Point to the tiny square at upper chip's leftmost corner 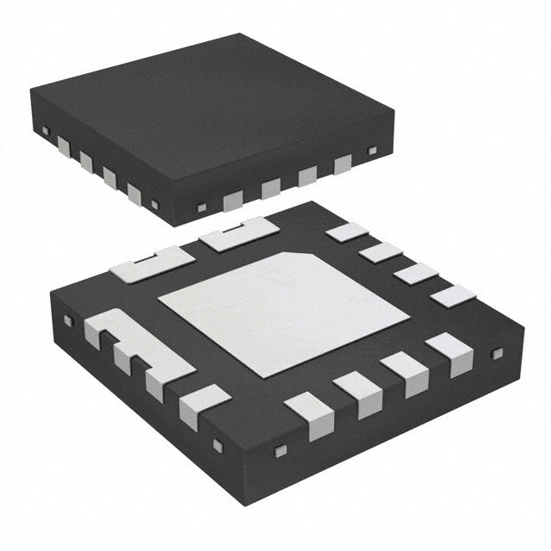pos(45,130)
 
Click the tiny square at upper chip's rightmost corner pos(372,152)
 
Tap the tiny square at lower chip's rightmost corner pos(496,353)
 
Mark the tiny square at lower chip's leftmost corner pos(68,321)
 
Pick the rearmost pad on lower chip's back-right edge pos(348,231)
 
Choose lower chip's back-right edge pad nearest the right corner pos(453,296)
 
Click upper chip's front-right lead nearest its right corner pos(344,164)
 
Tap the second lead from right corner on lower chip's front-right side pos(405,372)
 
